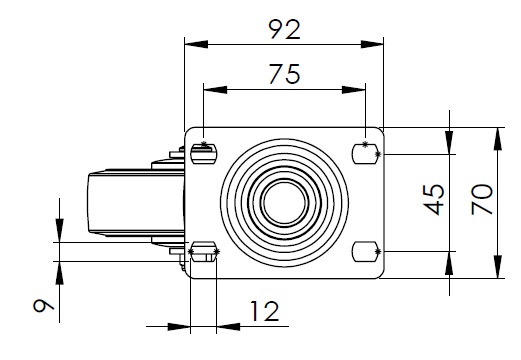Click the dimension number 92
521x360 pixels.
point(285,30)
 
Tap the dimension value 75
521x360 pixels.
point(285,74)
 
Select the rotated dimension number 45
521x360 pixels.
point(434,199)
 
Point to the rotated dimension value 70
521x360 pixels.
point(482,199)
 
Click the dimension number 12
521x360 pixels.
point(264,312)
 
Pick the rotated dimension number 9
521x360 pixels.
point(43,305)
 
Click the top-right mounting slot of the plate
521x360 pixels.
point(365,154)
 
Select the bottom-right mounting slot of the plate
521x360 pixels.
point(365,252)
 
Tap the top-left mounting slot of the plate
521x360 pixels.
point(204,154)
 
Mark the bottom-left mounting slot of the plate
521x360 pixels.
point(204,252)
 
